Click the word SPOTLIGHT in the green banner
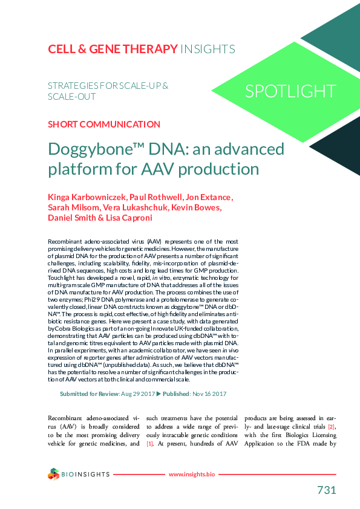pos(290,91)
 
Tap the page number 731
pos(326,490)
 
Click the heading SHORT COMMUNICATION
pos(103,125)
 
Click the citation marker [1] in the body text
pos(149,444)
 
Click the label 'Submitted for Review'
pos(90,394)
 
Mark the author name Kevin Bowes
pos(196,208)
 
